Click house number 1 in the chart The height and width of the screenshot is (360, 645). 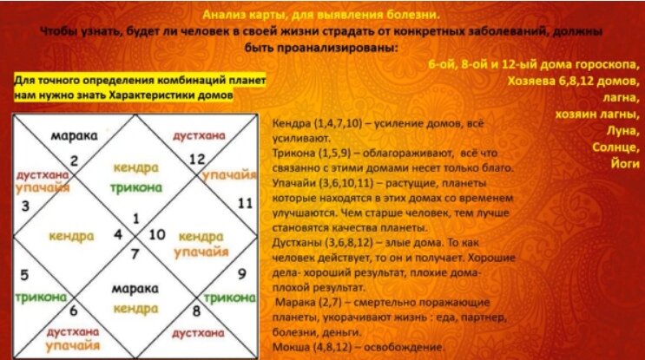pos(134,218)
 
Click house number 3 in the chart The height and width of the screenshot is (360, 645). pos(24,206)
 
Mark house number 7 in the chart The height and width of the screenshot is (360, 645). pos(134,253)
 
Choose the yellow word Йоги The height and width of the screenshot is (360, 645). pos(619,162)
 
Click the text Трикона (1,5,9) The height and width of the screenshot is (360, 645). pos(308,149)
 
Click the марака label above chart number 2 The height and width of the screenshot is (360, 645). pos(72,137)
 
